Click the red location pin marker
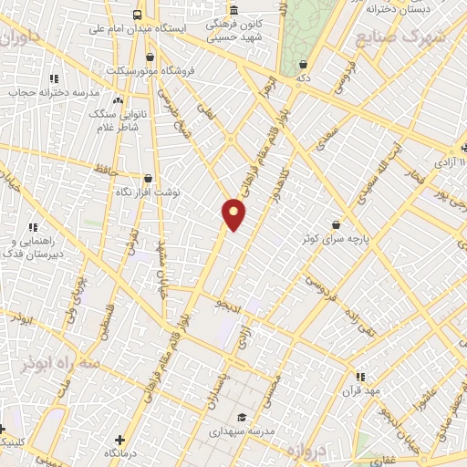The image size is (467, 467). click(234, 214)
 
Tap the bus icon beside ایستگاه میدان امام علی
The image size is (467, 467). click(137, 15)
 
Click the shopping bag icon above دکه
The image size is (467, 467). click(303, 64)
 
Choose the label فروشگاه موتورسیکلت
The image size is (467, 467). click(140, 70)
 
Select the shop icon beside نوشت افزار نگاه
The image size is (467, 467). click(148, 179)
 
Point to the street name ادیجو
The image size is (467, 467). click(228, 303)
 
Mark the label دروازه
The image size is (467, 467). click(306, 451)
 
